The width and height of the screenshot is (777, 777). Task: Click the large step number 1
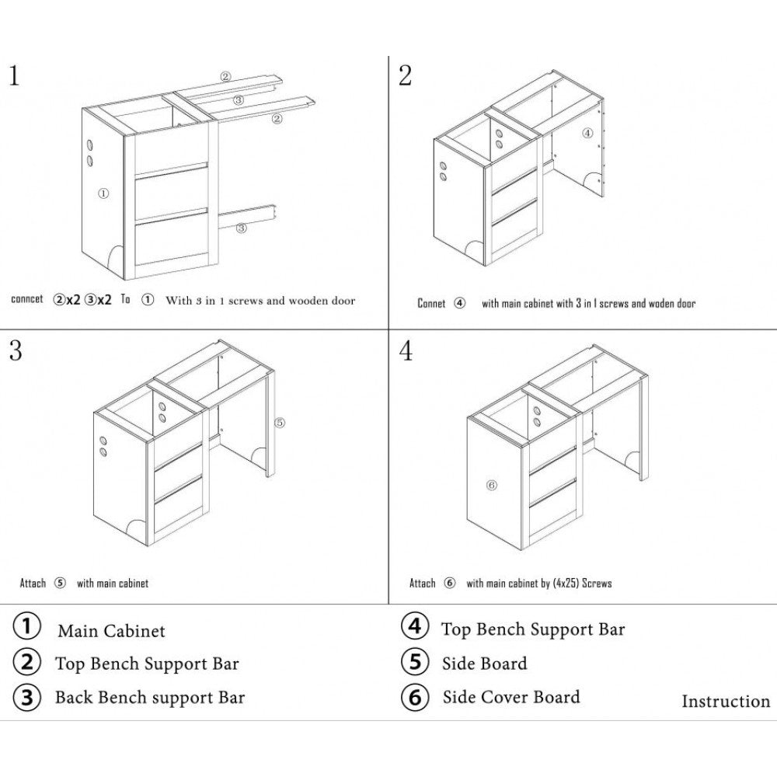(x=15, y=76)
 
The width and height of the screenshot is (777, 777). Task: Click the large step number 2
(x=405, y=76)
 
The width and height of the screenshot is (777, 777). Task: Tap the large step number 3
(x=16, y=350)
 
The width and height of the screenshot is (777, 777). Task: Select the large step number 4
(x=406, y=350)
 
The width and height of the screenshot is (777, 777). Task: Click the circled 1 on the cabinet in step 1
(x=103, y=193)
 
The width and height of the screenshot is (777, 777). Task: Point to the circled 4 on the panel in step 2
(x=587, y=133)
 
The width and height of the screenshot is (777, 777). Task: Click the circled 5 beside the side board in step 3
(x=280, y=423)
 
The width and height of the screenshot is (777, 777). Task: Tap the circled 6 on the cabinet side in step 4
(x=490, y=486)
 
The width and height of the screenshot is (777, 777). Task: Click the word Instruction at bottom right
(x=726, y=701)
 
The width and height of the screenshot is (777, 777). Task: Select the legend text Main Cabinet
(x=111, y=631)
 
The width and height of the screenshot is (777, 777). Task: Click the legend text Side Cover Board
(x=511, y=697)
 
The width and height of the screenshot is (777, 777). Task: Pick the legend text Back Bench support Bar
(x=149, y=697)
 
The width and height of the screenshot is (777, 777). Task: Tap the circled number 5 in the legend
(x=415, y=663)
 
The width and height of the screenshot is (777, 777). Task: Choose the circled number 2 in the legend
(x=27, y=663)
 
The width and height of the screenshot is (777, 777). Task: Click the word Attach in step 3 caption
(x=33, y=583)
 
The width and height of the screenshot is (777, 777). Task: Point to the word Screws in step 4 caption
(x=596, y=583)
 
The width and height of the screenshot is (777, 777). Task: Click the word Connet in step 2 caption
(x=431, y=304)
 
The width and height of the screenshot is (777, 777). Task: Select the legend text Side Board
(x=484, y=664)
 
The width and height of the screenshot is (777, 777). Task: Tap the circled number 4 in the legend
(x=415, y=626)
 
